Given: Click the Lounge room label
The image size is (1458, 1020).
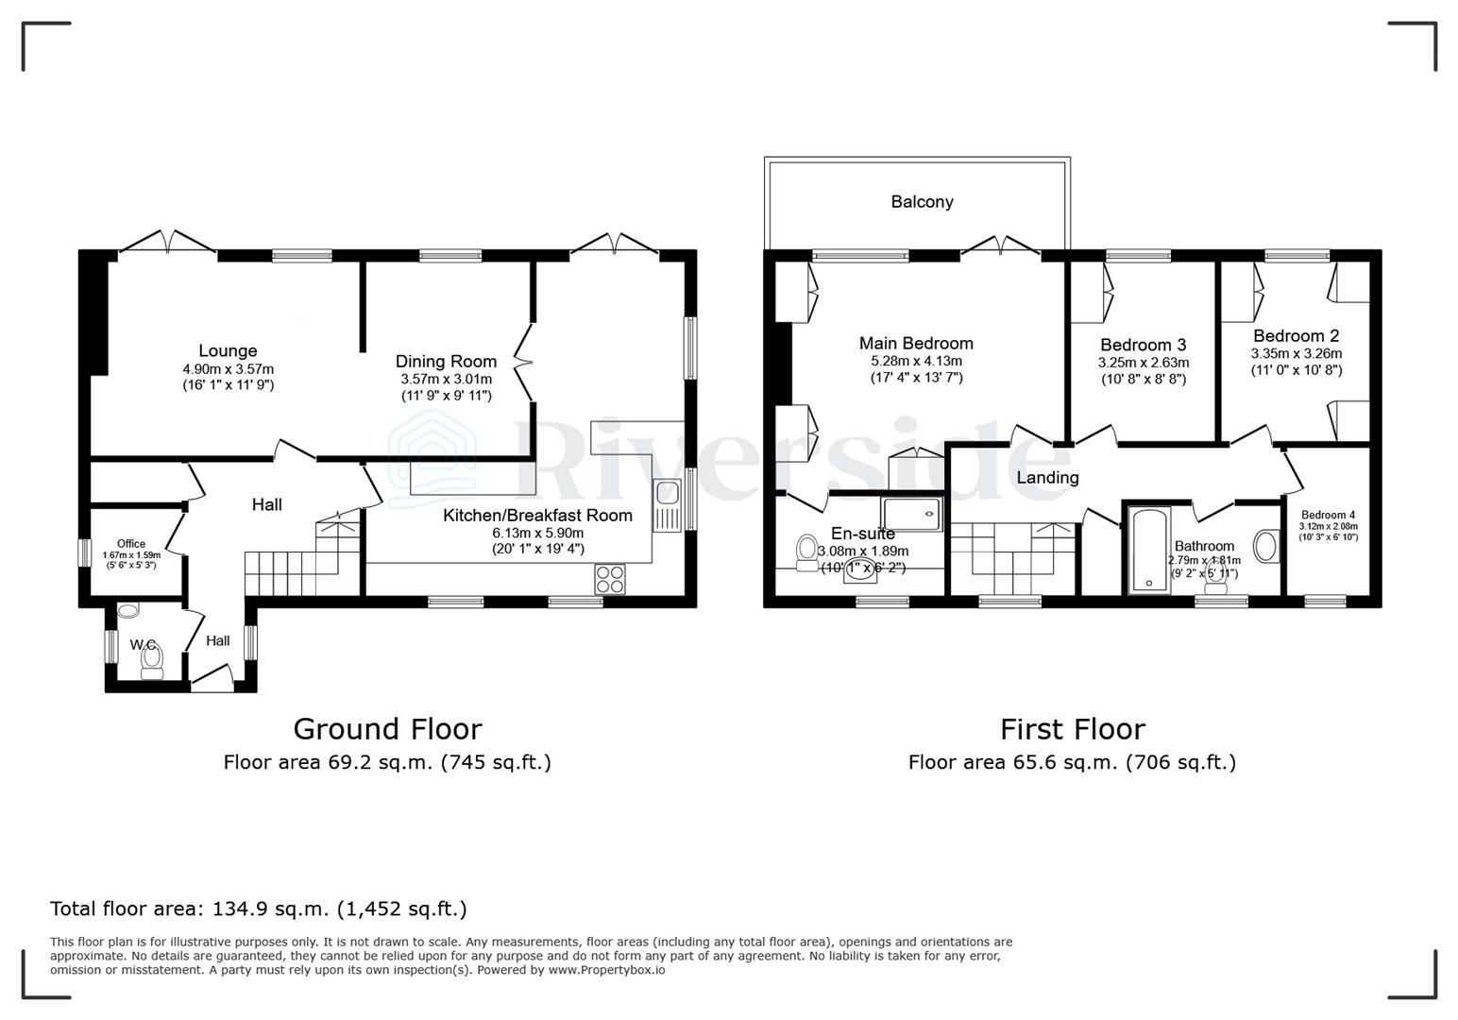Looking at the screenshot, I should [x=228, y=351].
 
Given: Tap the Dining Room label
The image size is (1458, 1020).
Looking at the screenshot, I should [x=446, y=362].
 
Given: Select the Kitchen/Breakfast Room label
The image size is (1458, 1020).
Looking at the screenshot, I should [x=537, y=516].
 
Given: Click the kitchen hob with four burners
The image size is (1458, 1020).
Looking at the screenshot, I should [x=610, y=578].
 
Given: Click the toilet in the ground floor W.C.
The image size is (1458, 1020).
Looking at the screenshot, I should [x=151, y=661].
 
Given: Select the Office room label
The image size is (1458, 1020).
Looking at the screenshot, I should [x=131, y=544].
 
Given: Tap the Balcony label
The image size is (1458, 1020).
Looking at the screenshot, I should [x=922, y=202].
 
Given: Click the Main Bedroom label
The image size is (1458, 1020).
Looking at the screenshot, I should [x=916, y=344].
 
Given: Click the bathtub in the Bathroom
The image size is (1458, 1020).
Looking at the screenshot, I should [x=1149, y=550].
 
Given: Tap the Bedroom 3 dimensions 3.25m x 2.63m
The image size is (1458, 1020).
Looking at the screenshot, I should [x=1143, y=363].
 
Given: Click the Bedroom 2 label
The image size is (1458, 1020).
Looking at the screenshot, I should [x=1296, y=336].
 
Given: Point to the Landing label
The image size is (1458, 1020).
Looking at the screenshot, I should [x=1047, y=478].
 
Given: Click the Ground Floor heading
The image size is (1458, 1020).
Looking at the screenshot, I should [x=387, y=729].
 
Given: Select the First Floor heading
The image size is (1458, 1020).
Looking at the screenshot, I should [x=1072, y=729].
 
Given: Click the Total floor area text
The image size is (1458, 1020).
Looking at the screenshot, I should [x=258, y=909].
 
